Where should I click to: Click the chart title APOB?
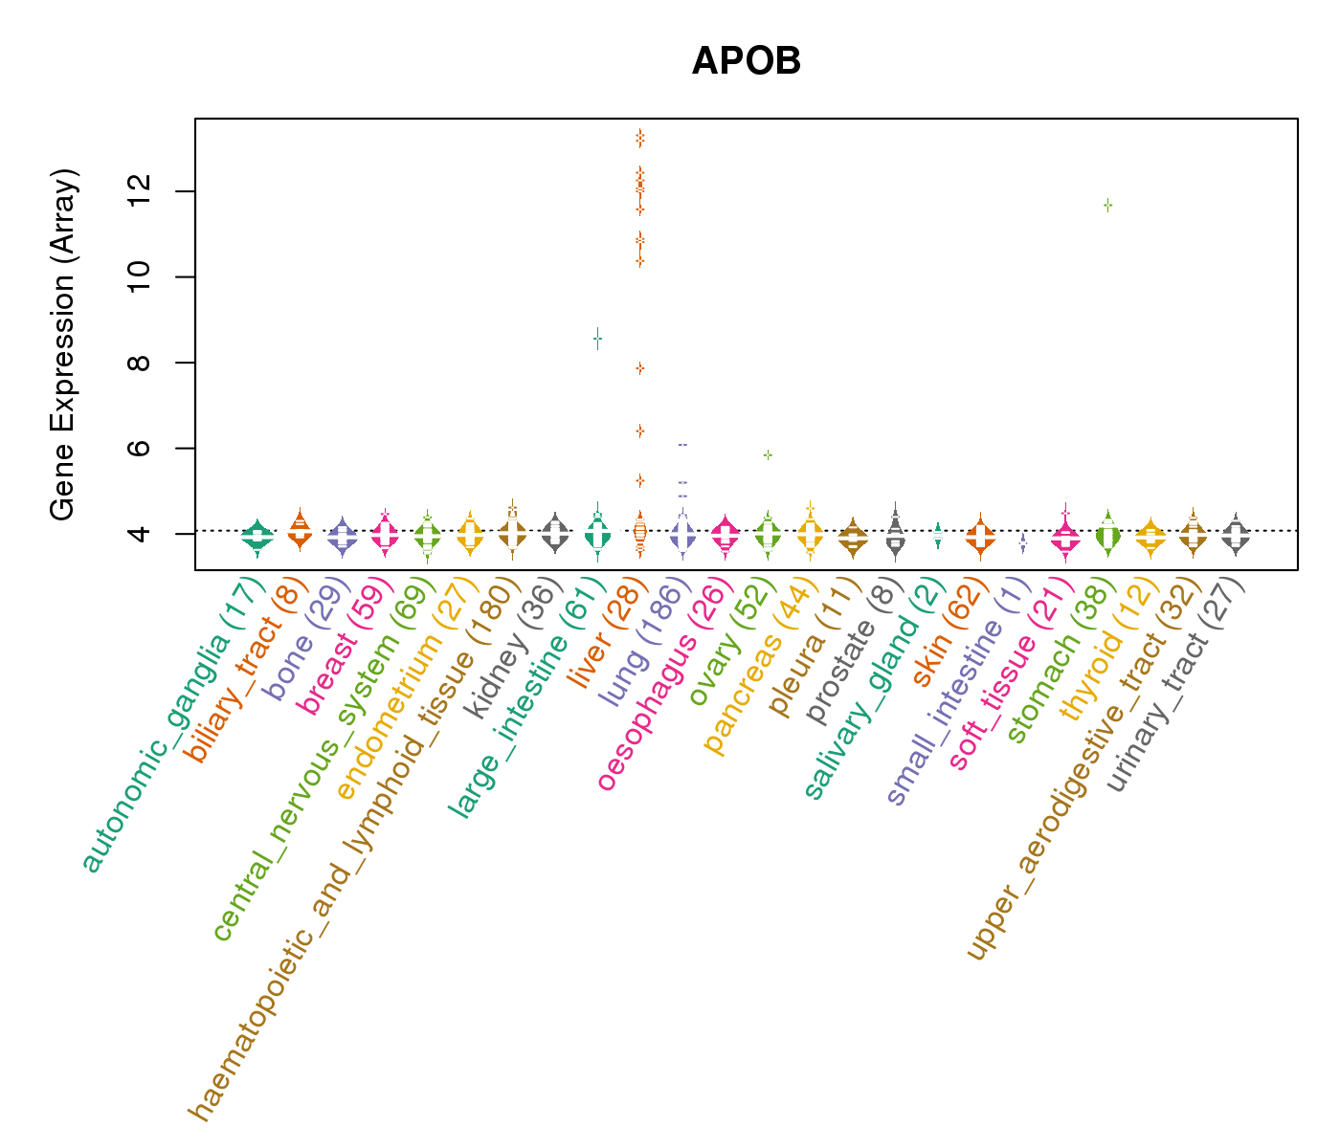[746, 62]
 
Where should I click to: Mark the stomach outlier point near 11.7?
[1108, 205]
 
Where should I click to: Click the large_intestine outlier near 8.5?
[597, 338]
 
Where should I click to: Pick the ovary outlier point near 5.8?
[768, 454]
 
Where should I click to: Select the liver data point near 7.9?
[639, 367]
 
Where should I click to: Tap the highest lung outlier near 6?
[682, 445]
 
